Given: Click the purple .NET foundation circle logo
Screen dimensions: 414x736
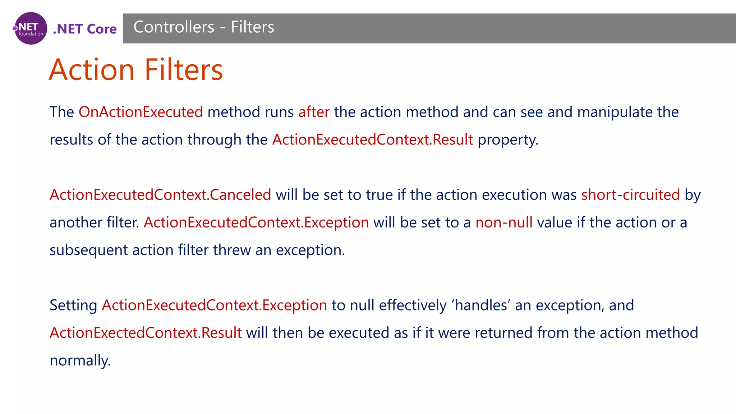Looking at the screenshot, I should [x=31, y=28].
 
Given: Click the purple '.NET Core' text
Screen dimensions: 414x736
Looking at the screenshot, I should [x=85, y=29].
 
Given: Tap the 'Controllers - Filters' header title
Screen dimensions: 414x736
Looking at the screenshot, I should [x=204, y=27].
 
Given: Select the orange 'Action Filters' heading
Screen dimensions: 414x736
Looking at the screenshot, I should [x=136, y=70].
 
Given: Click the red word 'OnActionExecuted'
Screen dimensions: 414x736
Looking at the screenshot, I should [x=141, y=112].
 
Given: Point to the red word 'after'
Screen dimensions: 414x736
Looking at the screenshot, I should [x=314, y=112].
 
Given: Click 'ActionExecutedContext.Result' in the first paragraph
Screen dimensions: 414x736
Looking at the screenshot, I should [x=373, y=140].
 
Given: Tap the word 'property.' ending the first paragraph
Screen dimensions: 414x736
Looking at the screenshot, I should [x=508, y=140].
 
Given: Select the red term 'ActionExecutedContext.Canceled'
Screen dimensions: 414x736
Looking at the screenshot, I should [x=160, y=195].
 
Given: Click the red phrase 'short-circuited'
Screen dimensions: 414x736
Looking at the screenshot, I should [x=631, y=195].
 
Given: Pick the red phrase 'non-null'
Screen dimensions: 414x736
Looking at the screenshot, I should [x=504, y=222].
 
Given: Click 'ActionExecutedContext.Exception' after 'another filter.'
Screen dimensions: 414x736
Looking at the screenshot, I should [x=256, y=222].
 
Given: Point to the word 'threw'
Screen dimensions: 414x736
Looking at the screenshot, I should [x=232, y=250].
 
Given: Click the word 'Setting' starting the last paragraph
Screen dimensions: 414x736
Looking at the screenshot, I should [x=73, y=305].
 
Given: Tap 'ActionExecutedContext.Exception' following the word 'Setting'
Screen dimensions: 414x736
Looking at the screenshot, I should [x=215, y=305].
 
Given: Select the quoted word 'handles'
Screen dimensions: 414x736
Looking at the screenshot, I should [x=482, y=305].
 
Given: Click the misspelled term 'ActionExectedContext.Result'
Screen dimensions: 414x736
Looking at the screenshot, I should [x=146, y=333].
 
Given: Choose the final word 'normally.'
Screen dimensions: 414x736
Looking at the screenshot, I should [x=80, y=360].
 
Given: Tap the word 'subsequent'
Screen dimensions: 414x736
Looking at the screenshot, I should [x=88, y=250].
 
